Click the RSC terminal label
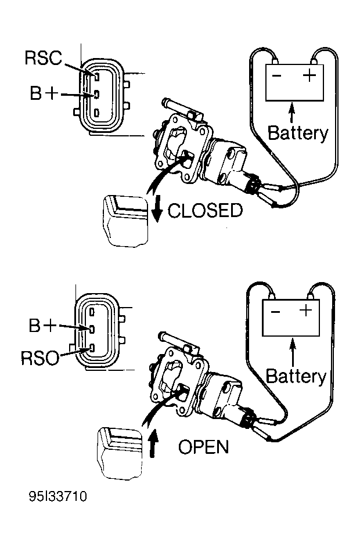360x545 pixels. click(x=43, y=58)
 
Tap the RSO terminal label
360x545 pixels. click(x=40, y=358)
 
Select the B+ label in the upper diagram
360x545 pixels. click(x=44, y=93)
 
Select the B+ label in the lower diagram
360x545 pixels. click(x=42, y=326)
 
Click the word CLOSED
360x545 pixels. click(x=205, y=211)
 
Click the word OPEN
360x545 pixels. click(x=203, y=447)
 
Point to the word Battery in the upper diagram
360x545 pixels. click(x=298, y=133)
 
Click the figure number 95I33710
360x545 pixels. click(x=57, y=496)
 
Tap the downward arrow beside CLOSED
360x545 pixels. click(x=157, y=208)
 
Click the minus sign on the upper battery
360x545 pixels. click(x=276, y=75)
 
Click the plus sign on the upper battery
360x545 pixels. click(x=309, y=75)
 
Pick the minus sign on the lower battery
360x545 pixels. click(x=275, y=312)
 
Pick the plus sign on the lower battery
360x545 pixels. click(x=306, y=310)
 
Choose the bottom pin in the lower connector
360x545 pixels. click(x=92, y=347)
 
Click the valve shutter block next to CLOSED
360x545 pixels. click(x=125, y=221)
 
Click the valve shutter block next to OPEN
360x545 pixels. click(x=120, y=454)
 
